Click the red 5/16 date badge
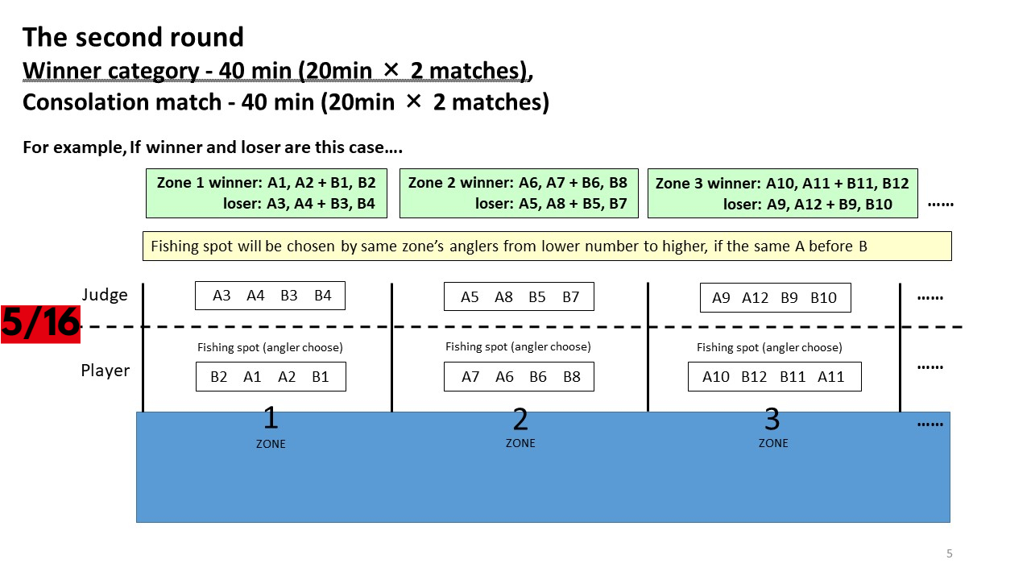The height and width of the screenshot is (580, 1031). click(x=40, y=324)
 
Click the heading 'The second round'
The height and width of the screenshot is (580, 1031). click(x=133, y=37)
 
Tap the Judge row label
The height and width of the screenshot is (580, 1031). click(x=105, y=295)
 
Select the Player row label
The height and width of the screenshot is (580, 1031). click(x=106, y=371)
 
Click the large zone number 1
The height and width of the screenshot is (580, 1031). click(x=271, y=418)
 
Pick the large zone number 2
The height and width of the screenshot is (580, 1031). click(x=520, y=419)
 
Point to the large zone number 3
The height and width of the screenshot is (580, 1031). click(x=772, y=419)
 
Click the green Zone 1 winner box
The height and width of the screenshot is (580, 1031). click(x=267, y=193)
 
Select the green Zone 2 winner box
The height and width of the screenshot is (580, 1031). click(x=519, y=193)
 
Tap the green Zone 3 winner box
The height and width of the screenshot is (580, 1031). click(x=782, y=193)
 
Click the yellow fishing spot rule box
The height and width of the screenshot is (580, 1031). click(x=547, y=246)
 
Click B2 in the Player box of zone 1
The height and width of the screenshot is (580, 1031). click(x=218, y=377)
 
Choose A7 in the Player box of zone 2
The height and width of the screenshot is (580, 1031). click(x=470, y=377)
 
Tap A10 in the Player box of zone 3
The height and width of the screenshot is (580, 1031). click(x=716, y=377)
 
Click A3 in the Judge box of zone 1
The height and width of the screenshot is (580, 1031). click(x=222, y=296)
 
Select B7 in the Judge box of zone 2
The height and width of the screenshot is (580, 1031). click(x=571, y=297)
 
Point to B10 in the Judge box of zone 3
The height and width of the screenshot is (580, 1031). click(x=823, y=298)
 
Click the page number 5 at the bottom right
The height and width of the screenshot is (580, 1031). click(x=949, y=553)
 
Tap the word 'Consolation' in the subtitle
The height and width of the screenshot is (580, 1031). click(x=122, y=102)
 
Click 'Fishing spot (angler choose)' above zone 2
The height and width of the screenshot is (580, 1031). click(x=518, y=346)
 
